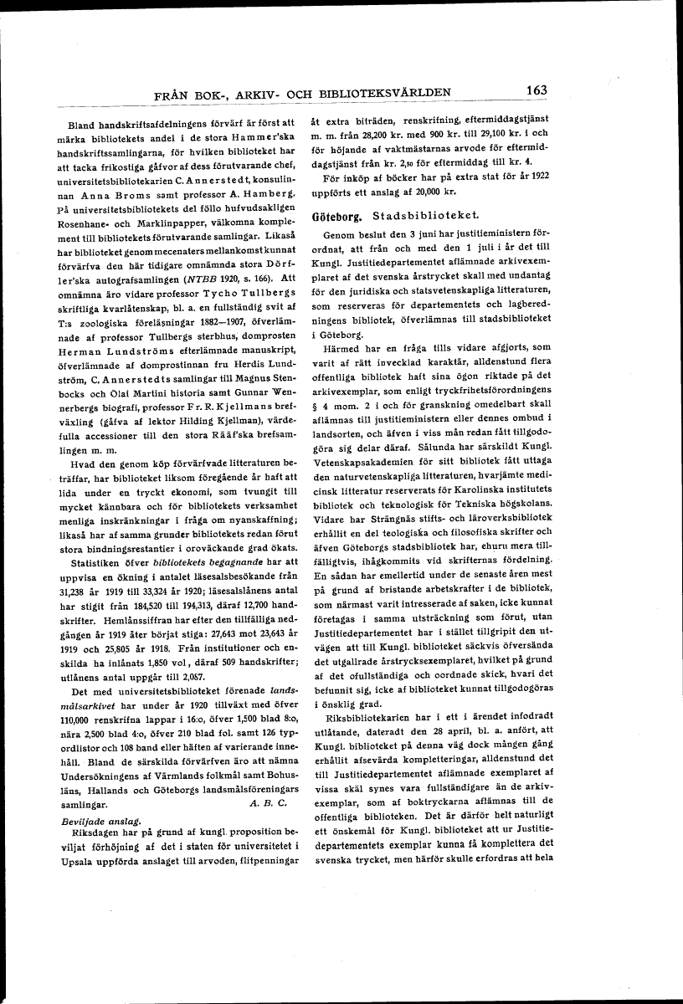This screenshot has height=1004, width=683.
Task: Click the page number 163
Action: pyautogui.click(x=532, y=90)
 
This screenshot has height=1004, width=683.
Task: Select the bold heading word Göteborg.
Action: pyautogui.click(x=334, y=216)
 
